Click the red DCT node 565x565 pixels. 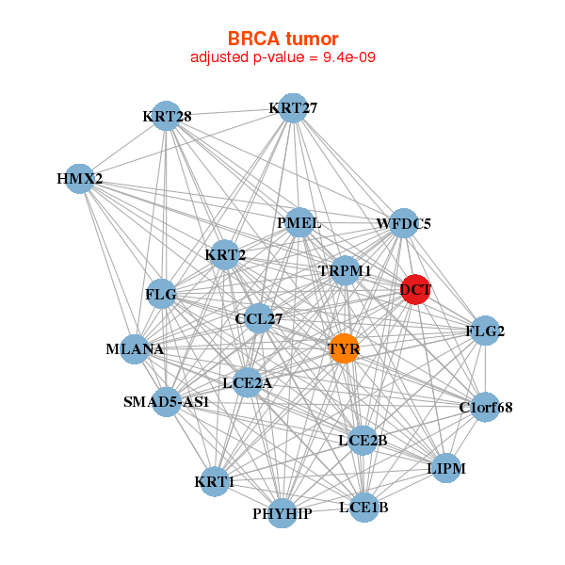pos(415,289)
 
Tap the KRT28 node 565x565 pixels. pos(167,116)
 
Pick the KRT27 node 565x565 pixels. pos(293,107)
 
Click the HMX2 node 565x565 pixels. pos(80,178)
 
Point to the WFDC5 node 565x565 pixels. pos(403,224)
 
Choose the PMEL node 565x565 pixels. pos(299,223)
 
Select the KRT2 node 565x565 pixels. pos(225,254)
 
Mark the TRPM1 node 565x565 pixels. pos(345,270)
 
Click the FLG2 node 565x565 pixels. pos(485,331)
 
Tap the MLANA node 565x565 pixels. pos(136,349)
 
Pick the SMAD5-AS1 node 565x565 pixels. pos(167,401)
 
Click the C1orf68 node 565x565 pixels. pos(485,407)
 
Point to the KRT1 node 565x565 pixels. pos(215,481)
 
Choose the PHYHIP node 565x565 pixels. pos(282,513)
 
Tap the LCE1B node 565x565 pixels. pos(363,508)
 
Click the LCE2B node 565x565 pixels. pos(363,440)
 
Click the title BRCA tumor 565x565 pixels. pos(282,39)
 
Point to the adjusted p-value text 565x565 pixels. pos(283,57)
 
